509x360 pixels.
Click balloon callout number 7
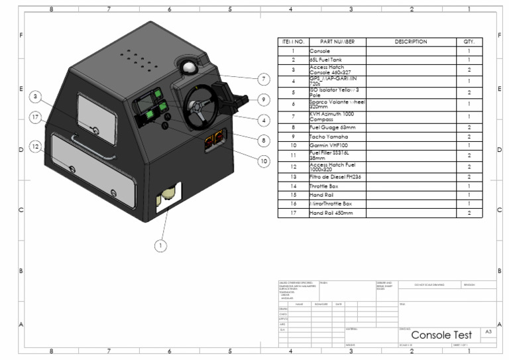coord(264,79)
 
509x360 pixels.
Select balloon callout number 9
coord(264,99)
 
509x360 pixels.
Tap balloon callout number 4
coord(264,120)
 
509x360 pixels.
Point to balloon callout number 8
coord(264,141)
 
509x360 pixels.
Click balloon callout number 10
coord(264,160)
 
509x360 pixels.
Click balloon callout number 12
coord(35,145)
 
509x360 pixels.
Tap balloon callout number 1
coord(159,245)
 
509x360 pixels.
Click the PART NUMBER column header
coord(337,42)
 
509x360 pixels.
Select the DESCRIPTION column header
coord(411,42)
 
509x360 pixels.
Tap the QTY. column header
coord(469,42)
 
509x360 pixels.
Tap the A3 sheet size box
coord(487,331)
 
